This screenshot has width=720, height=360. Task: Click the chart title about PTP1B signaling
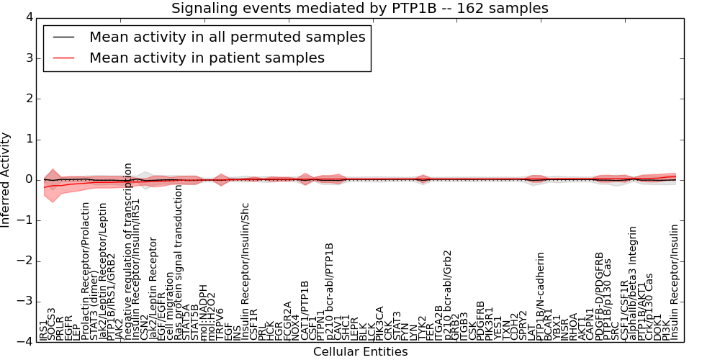[359, 8]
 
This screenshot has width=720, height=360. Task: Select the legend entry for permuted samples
[227, 37]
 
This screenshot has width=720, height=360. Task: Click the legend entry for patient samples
[207, 58]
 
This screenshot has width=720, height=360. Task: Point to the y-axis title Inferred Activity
[6, 180]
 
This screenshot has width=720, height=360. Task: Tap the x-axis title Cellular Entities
[360, 352]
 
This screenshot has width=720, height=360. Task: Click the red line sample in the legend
[62, 58]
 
